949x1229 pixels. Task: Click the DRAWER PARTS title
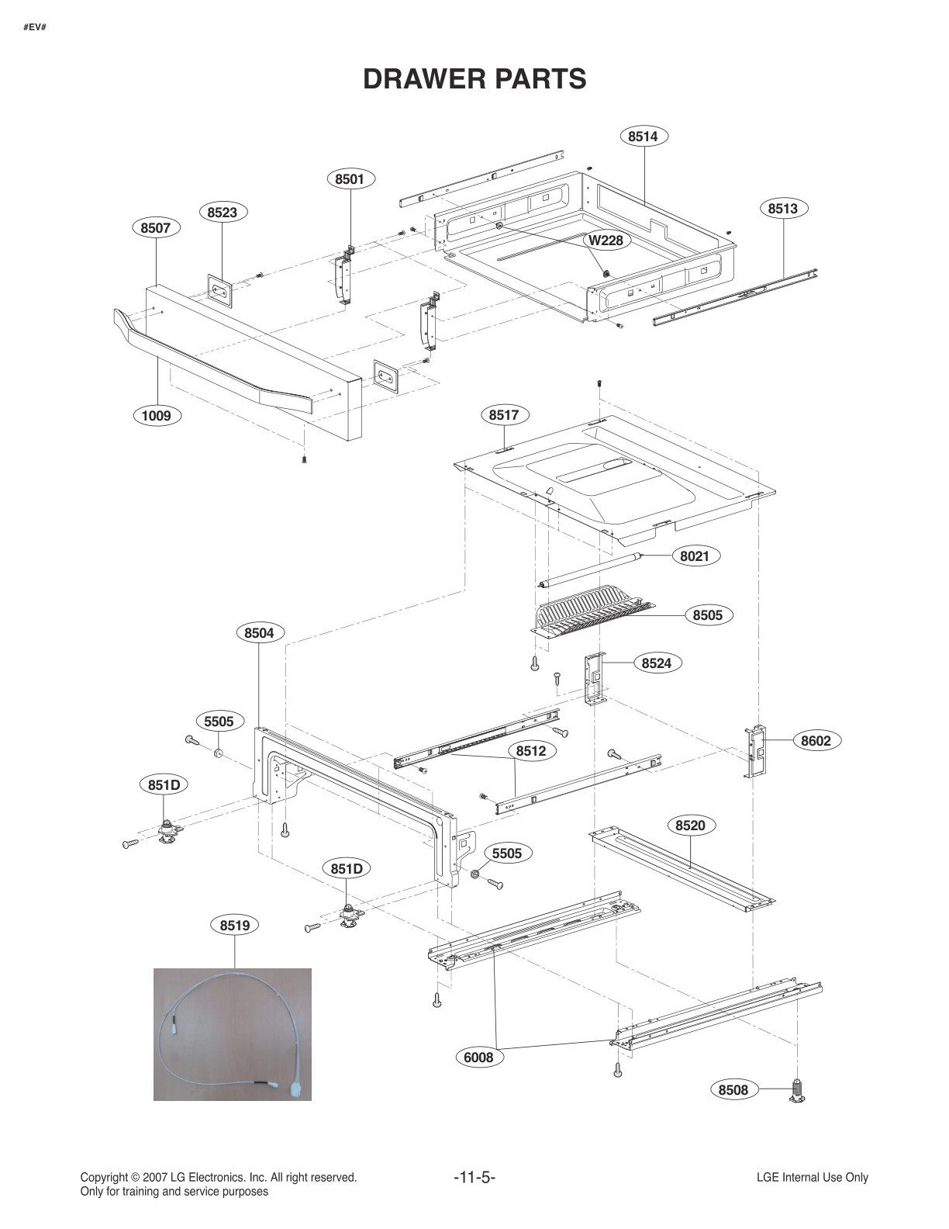pos(474,79)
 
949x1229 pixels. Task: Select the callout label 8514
pos(643,137)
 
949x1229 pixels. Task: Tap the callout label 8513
pos(782,209)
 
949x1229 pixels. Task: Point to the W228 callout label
pos(605,240)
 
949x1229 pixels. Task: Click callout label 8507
pos(155,228)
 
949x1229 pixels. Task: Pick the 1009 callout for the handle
pos(156,416)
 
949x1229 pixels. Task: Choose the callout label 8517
pos(503,415)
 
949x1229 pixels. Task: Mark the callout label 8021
pos(694,556)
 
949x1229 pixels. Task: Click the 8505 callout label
pos(707,615)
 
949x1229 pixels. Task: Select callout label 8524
pos(656,663)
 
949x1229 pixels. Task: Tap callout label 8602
pos(816,741)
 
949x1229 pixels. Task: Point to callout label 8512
pos(530,751)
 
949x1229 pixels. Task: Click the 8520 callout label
pos(690,826)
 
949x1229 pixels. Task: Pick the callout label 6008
pos(478,1057)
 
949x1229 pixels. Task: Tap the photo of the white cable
pos(233,1033)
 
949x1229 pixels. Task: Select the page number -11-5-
pos(474,1178)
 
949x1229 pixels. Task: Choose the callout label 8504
pos(259,633)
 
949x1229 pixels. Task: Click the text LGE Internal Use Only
pos(812,1178)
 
